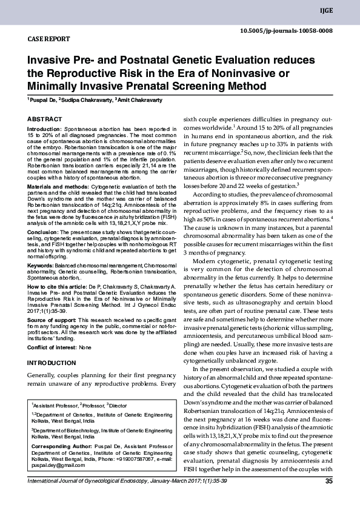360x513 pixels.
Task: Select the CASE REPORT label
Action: pos(49,39)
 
